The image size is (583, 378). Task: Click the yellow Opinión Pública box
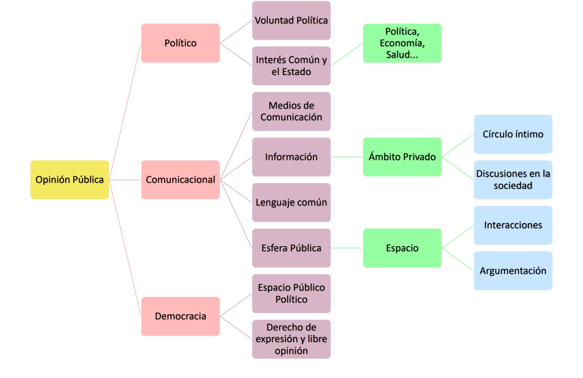pos(69,180)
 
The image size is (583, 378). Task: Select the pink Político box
pos(180,43)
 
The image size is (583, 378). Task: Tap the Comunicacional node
pos(180,180)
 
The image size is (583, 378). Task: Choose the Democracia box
pos(180,316)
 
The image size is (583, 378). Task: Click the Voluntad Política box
pos(291,21)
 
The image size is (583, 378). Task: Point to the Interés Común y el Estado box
pos(291,66)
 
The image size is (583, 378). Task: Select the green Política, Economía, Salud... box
pos(402,43)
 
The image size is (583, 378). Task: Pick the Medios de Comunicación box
pos(291,111)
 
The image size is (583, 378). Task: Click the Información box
pos(291,157)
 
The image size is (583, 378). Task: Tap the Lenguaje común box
pos(291,202)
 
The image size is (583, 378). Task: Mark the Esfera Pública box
pos(291,248)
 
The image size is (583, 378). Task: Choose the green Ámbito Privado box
pos(402,157)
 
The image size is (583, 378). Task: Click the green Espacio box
pos(402,248)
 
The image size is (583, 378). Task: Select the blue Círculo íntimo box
pos(513,134)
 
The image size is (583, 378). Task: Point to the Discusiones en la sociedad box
pos(513,180)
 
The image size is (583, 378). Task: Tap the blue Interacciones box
pos(513,225)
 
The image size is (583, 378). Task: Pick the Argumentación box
pos(513,271)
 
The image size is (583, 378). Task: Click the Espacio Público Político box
pos(291,294)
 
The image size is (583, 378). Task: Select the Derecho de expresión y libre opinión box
pos(291,339)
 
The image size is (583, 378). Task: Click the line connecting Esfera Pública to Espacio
pos(347,248)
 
